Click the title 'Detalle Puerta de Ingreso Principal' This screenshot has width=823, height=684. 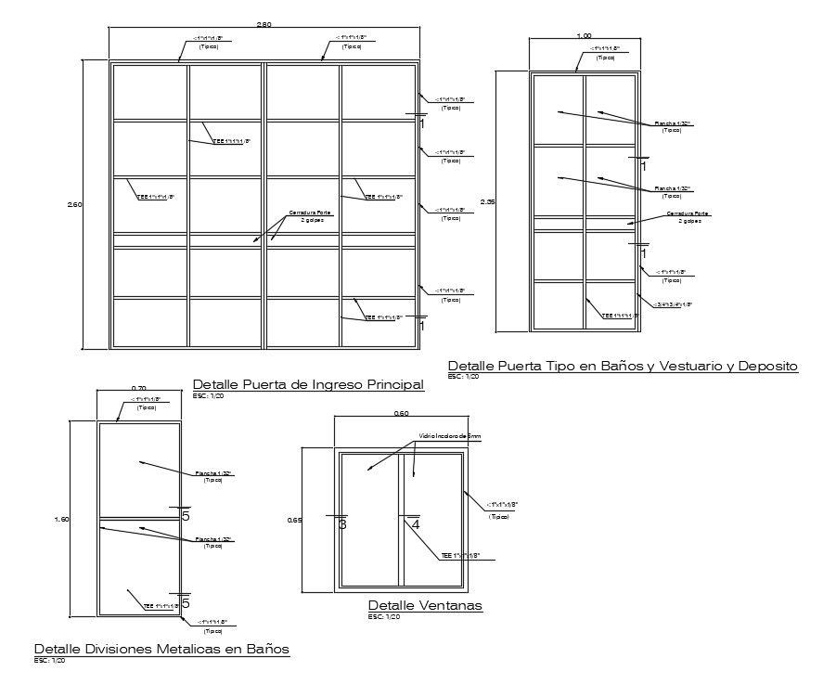[x=307, y=384]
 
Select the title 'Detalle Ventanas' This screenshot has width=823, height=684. [x=425, y=606]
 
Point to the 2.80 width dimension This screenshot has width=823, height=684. [x=264, y=24]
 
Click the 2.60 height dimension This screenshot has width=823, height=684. [x=77, y=205]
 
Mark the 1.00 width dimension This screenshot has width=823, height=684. [x=584, y=35]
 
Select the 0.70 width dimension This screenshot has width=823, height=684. [x=138, y=388]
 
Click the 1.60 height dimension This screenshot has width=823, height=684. [x=63, y=519]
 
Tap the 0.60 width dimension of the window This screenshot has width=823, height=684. [x=401, y=413]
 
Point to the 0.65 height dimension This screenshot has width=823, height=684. [x=295, y=521]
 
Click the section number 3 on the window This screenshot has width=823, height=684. [x=342, y=525]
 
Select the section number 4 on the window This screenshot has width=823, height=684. [x=415, y=525]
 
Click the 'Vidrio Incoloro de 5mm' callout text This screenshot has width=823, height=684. [x=450, y=435]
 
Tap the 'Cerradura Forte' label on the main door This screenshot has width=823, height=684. [x=309, y=213]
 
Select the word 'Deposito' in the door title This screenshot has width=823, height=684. [x=765, y=367]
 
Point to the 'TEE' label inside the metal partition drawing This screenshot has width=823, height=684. [x=160, y=606]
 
